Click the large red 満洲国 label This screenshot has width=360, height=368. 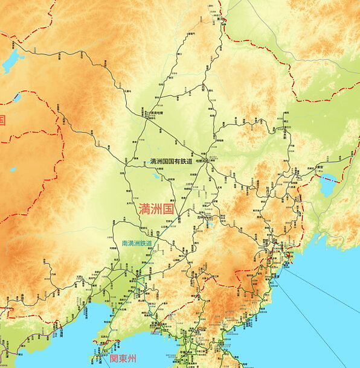click(x=156, y=209)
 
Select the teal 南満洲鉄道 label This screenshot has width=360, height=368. click(x=137, y=243)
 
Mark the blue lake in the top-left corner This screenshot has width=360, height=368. click(x=13, y=60)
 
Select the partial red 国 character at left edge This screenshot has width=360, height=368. click(x=2, y=119)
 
